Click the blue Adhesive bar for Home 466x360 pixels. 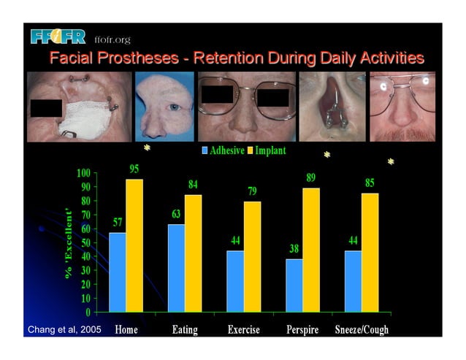[x=117, y=272]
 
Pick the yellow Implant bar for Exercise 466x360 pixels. [x=252, y=256]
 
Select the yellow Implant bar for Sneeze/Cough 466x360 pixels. [x=370, y=252]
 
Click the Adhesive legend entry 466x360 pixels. [x=223, y=151]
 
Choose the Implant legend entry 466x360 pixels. [x=267, y=151]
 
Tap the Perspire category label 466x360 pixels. [x=302, y=330]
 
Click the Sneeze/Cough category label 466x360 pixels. [x=362, y=330]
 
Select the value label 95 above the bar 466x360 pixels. [x=134, y=169]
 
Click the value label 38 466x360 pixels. [x=294, y=249]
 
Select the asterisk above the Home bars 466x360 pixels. [x=147, y=148]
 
